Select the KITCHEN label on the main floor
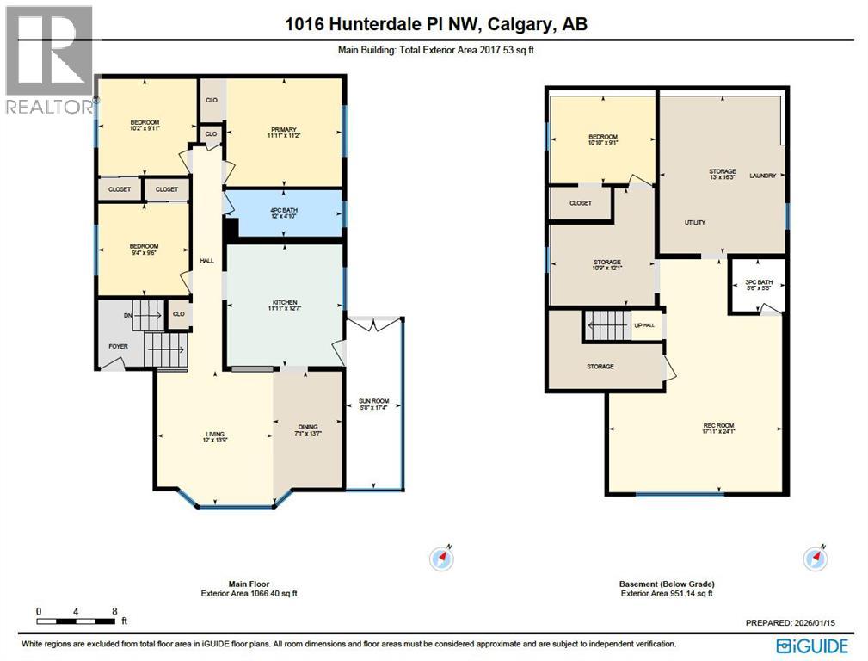(x=285, y=302)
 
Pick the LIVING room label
(x=214, y=435)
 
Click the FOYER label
(x=117, y=347)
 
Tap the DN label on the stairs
(x=127, y=316)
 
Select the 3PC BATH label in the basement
(x=758, y=281)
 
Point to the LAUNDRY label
(x=762, y=176)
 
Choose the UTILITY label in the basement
(x=694, y=223)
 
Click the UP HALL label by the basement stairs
(x=644, y=325)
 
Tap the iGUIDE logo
(x=811, y=646)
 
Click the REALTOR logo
(x=49, y=60)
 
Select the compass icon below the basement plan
(x=816, y=559)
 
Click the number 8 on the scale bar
(x=114, y=611)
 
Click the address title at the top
(x=436, y=25)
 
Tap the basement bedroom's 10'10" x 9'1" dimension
(x=602, y=145)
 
